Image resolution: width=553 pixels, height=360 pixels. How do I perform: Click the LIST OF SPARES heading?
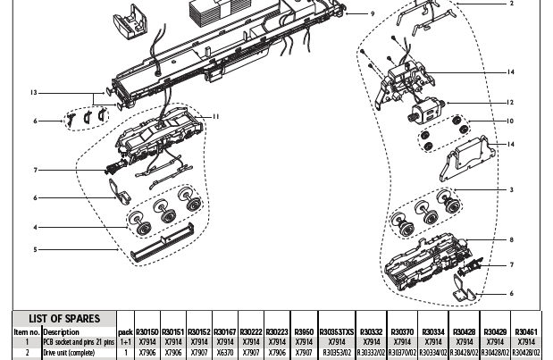pyautogui.click(x=62, y=319)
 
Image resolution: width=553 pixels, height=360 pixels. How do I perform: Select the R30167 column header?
pyautogui.click(x=225, y=331)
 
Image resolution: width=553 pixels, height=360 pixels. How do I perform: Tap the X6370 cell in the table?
pyautogui.click(x=225, y=352)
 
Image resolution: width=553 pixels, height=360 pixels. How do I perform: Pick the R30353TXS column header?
pyautogui.click(x=337, y=331)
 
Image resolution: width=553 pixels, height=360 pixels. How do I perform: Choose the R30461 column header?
pyautogui.click(x=526, y=331)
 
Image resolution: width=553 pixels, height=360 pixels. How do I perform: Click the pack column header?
pyautogui.click(x=126, y=331)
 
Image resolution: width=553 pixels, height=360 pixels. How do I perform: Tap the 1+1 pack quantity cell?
pyautogui.click(x=126, y=341)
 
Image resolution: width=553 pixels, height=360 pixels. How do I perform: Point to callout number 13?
pyautogui.click(x=33, y=93)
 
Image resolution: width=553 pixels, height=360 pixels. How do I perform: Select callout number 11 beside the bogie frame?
pyautogui.click(x=215, y=116)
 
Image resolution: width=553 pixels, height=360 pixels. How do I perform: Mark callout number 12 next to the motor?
pyautogui.click(x=511, y=103)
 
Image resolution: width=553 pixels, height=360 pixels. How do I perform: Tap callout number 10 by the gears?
pyautogui.click(x=511, y=121)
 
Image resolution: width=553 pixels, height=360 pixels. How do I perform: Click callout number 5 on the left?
pyautogui.click(x=35, y=250)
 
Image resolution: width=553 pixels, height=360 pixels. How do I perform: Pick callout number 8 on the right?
pyautogui.click(x=511, y=240)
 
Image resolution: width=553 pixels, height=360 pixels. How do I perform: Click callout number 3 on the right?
pyautogui.click(x=511, y=190)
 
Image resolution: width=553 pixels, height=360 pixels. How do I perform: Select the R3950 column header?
pyautogui.click(x=304, y=331)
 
